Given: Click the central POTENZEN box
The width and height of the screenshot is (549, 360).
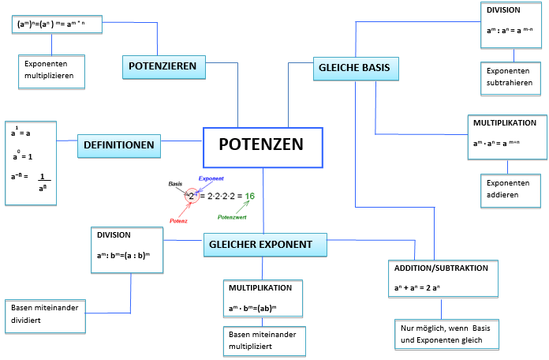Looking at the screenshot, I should click(263, 147).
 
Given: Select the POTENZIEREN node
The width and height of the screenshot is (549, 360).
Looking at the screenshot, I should click(164, 67).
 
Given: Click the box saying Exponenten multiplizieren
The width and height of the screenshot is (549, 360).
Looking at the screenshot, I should click(52, 70).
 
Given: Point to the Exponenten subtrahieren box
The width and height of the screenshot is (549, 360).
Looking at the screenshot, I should click(513, 76).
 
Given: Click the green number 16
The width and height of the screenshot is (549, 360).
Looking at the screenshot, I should click(249, 196).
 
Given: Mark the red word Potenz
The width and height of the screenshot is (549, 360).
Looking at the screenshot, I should click(178, 221).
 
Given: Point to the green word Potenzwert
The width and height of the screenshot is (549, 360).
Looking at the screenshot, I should click(232, 216).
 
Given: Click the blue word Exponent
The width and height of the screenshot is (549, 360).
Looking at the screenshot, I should click(211, 179).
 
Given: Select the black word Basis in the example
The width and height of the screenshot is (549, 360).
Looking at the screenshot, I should click(175, 184).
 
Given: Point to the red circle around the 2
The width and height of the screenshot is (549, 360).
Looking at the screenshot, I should click(192, 194).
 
